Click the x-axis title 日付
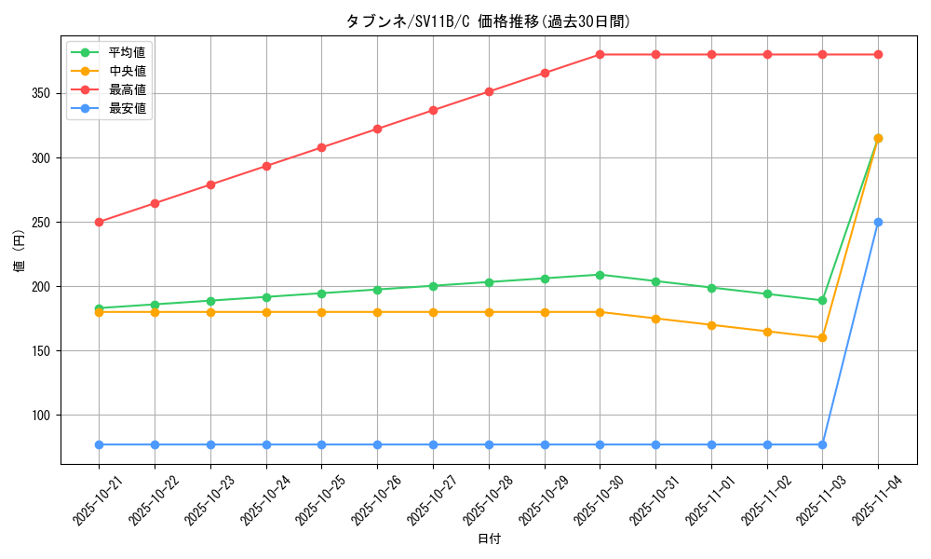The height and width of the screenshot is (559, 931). tap(489, 539)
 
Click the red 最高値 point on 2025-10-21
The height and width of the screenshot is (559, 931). tap(99, 222)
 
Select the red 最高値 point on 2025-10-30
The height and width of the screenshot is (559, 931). tap(600, 54)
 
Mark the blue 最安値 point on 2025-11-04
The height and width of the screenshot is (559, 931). tap(878, 222)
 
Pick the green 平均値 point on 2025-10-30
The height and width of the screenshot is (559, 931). tap(600, 275)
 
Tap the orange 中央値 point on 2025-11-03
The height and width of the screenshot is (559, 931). tap(822, 337)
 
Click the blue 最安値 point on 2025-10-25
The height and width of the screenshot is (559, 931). tap(322, 444)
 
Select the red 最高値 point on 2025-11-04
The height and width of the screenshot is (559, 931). tap(878, 54)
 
